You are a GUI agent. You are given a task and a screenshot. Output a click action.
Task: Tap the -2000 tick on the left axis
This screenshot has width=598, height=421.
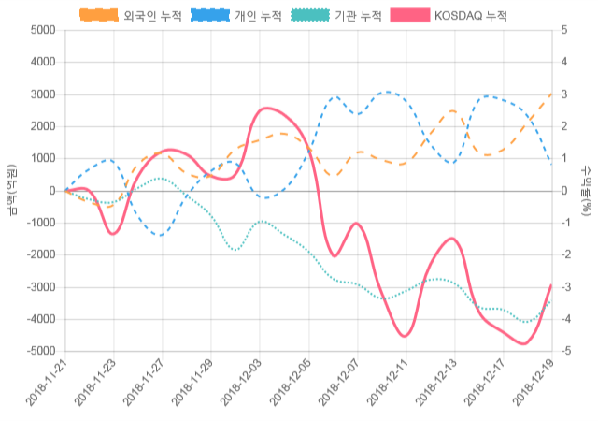40,255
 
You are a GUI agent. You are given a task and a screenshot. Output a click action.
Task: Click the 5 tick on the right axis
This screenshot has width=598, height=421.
564,30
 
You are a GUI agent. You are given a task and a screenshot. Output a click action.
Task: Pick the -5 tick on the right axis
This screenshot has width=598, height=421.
566,352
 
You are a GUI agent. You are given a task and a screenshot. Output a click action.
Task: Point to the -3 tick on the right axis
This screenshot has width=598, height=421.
566,287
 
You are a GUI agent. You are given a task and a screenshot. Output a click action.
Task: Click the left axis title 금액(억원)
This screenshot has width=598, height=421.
11,190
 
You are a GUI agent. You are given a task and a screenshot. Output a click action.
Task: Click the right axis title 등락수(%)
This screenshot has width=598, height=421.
587,190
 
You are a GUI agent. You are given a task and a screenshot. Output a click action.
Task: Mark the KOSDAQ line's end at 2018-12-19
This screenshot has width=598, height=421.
551,285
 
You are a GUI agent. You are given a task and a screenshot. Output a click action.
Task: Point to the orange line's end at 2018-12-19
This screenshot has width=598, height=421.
551,94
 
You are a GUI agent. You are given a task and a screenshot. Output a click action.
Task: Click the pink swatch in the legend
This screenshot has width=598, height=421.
407,16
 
